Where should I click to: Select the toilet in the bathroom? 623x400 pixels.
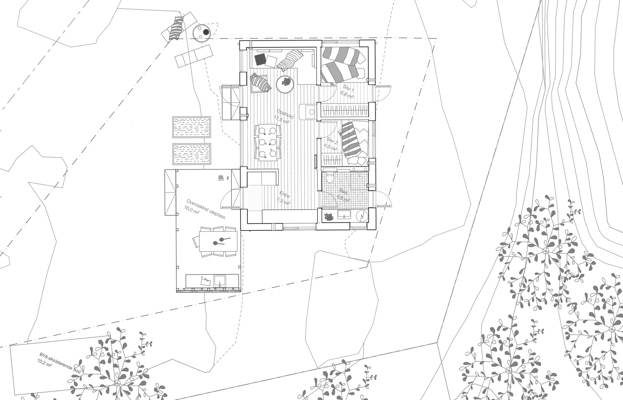tap(330, 178)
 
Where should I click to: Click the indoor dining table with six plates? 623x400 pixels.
tap(268, 143)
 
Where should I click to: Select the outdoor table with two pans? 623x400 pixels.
tap(218, 241)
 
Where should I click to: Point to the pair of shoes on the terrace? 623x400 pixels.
tap(221, 178)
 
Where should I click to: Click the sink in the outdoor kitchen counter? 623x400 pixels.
tap(220, 281)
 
